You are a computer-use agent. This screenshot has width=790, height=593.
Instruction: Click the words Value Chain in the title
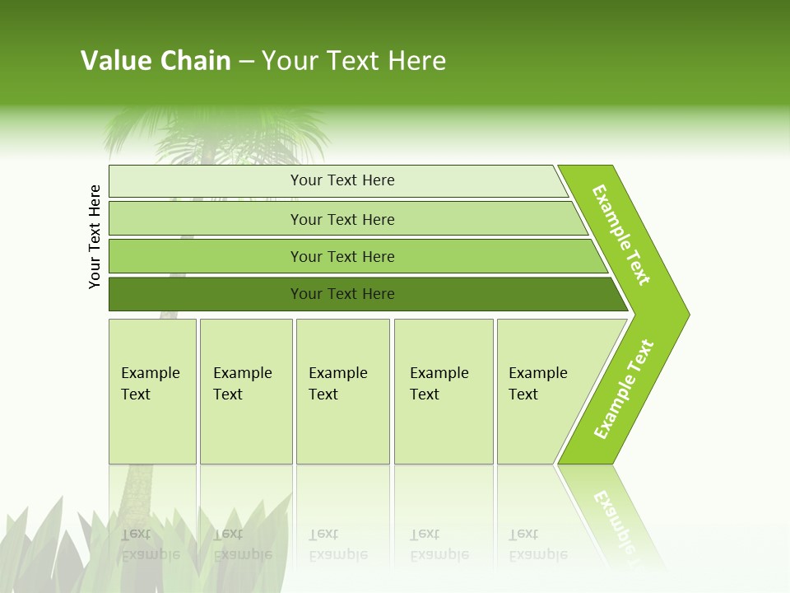pyautogui.click(x=156, y=61)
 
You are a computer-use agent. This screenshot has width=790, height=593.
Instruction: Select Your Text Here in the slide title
pyautogui.click(x=354, y=61)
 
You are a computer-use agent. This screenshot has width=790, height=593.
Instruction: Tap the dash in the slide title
pyautogui.click(x=246, y=62)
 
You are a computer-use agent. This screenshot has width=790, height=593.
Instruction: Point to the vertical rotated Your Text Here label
pyautogui.click(x=95, y=236)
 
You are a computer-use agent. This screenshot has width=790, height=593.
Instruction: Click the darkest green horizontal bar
pyautogui.click(x=342, y=294)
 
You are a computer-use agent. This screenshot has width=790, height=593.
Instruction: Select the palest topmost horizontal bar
pyautogui.click(x=342, y=180)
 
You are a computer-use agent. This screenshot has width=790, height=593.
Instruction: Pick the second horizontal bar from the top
pyautogui.click(x=342, y=219)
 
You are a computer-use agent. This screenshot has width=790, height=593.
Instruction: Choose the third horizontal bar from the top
pyautogui.click(x=342, y=256)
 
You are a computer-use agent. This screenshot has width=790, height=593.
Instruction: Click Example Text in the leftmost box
pyautogui.click(x=150, y=383)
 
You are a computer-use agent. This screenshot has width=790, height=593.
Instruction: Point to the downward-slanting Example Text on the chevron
pyautogui.click(x=621, y=235)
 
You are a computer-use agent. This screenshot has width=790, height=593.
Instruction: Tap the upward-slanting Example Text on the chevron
pyautogui.click(x=624, y=390)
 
